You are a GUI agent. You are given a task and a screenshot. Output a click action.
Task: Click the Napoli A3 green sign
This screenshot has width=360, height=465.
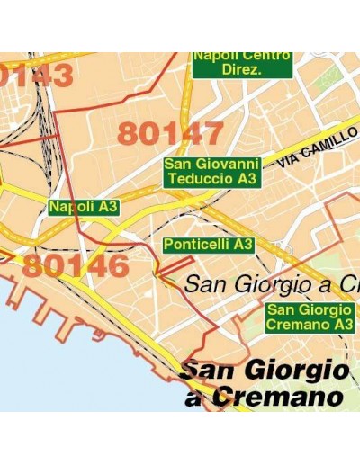coord(84,207)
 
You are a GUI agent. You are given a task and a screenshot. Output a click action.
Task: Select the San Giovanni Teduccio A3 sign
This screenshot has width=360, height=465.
coord(211,172)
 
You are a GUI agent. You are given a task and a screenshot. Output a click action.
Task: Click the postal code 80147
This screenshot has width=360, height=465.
coord(170,133)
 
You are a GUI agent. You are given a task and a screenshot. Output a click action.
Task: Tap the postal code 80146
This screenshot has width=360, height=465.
coord(76,265)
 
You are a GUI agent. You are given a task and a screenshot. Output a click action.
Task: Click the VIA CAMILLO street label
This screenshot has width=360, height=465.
coord(311,150)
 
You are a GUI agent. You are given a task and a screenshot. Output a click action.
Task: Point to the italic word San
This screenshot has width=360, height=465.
coord(205,284)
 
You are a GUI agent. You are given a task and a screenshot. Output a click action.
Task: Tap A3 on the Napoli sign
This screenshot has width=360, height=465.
coord(108,207)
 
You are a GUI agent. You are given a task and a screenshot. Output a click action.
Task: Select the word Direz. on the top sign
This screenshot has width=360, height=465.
coord(242,70)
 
